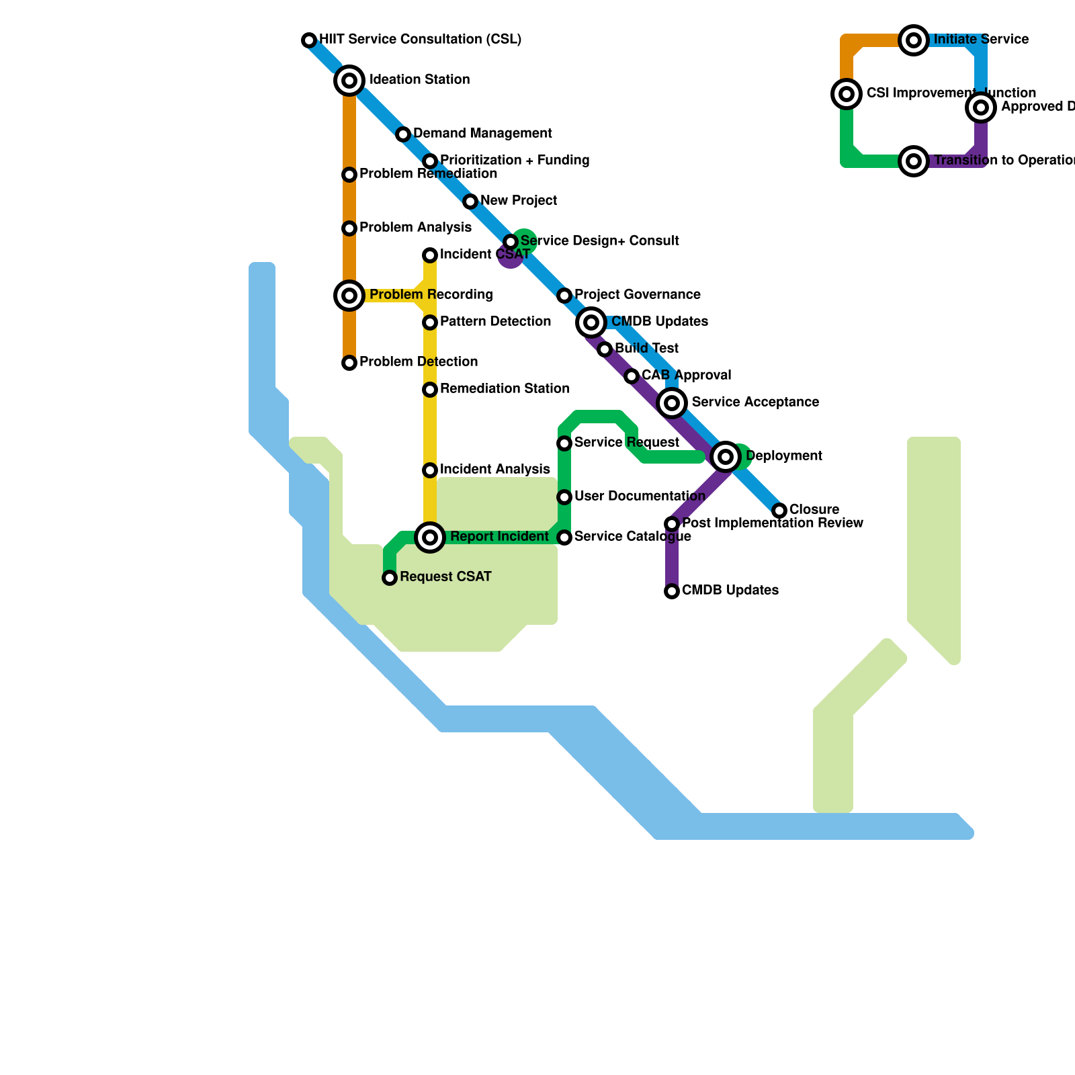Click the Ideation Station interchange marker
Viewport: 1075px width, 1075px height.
click(349, 81)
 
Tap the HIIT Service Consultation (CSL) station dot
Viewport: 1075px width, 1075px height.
click(309, 40)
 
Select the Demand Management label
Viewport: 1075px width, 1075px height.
click(482, 134)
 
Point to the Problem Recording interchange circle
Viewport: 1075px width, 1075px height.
click(349, 296)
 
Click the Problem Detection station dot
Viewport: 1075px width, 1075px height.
click(349, 363)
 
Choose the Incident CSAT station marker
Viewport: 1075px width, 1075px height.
click(430, 255)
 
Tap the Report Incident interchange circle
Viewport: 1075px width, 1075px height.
click(430, 537)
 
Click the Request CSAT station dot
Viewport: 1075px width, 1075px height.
click(390, 578)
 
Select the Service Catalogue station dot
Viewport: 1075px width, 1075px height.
click(564, 537)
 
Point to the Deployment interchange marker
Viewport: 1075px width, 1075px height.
click(726, 457)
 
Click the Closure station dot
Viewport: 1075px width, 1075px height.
click(779, 511)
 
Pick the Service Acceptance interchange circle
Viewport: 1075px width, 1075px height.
click(672, 403)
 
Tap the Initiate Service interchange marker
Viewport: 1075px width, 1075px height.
click(914, 40)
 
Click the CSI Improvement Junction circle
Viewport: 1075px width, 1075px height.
click(847, 94)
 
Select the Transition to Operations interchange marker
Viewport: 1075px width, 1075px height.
click(914, 161)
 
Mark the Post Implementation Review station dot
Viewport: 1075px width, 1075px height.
click(672, 524)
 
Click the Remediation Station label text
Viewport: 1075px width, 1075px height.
click(505, 389)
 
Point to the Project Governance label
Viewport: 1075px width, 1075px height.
click(637, 295)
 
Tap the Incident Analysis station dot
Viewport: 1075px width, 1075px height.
click(430, 470)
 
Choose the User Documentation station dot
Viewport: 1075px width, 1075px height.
click(564, 497)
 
